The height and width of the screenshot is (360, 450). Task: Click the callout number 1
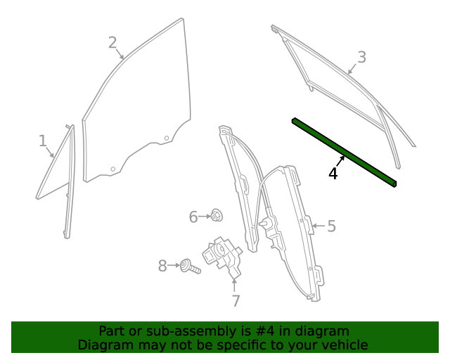tap(42, 141)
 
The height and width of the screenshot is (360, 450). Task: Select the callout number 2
tap(112, 43)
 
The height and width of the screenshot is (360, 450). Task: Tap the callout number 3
tap(361, 57)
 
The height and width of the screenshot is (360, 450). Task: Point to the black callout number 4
tap(333, 173)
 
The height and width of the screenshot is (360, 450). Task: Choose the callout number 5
tap(331, 226)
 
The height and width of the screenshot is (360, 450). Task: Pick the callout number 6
tap(193, 217)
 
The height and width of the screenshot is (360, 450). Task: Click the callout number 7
tap(236, 301)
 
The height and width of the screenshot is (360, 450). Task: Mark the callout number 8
tap(162, 266)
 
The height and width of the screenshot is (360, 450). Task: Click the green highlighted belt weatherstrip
tap(345, 153)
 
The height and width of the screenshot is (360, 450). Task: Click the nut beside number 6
tap(217, 216)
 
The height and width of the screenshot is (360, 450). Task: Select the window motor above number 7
tap(222, 255)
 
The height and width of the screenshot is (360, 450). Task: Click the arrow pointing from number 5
tap(316, 226)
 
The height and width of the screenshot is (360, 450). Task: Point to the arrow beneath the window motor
tap(235, 285)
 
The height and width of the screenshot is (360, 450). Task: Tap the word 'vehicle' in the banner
tap(345, 345)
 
